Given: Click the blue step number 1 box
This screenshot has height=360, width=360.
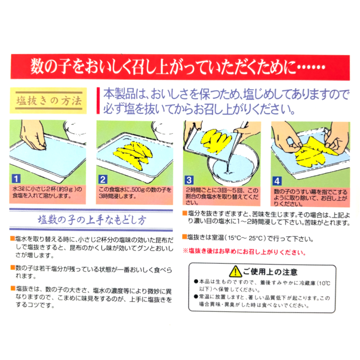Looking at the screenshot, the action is (16, 179).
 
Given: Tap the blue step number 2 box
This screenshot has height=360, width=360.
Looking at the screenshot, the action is (103, 179).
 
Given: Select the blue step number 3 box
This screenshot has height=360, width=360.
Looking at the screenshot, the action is (189, 180).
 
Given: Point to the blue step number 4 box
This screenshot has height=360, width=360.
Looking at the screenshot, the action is (277, 181).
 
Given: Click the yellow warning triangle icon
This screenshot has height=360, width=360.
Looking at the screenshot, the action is (235, 271).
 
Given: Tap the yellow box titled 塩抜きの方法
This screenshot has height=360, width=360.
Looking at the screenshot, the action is (48, 101).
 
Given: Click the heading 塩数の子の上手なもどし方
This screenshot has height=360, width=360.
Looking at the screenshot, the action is (92, 220).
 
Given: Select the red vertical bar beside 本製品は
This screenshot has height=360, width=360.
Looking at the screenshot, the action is (98, 100).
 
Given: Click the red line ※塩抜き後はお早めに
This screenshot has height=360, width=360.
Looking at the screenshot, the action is (244, 251).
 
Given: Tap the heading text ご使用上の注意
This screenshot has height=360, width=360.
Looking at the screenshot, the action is (270, 272).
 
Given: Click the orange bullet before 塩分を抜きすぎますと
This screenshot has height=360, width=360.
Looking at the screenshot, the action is (184, 213).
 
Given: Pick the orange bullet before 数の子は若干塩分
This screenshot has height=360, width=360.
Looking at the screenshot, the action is (13, 268).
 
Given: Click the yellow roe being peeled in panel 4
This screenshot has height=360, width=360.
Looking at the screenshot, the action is (314, 154).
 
